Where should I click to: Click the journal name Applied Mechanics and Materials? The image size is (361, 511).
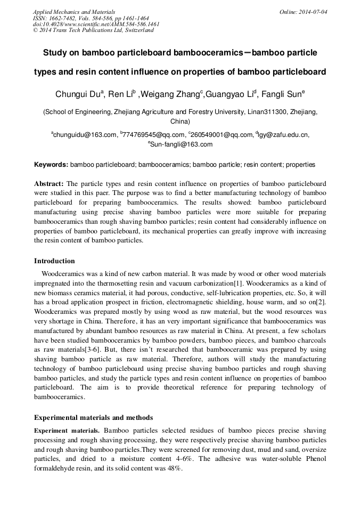click(x=74, y=12)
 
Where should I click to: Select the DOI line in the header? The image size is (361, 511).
click(x=96, y=24)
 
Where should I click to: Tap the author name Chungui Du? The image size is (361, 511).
click(x=79, y=95)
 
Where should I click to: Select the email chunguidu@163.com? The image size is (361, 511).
click(x=85, y=135)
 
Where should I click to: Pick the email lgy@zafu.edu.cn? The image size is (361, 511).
click(x=283, y=135)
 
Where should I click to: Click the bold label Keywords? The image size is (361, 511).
click(x=51, y=165)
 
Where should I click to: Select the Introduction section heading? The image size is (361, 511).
click(x=54, y=261)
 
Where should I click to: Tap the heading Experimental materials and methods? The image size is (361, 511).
click(x=93, y=418)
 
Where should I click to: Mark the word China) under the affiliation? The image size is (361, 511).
click(x=180, y=121)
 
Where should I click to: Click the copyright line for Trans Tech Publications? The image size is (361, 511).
click(x=93, y=30)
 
